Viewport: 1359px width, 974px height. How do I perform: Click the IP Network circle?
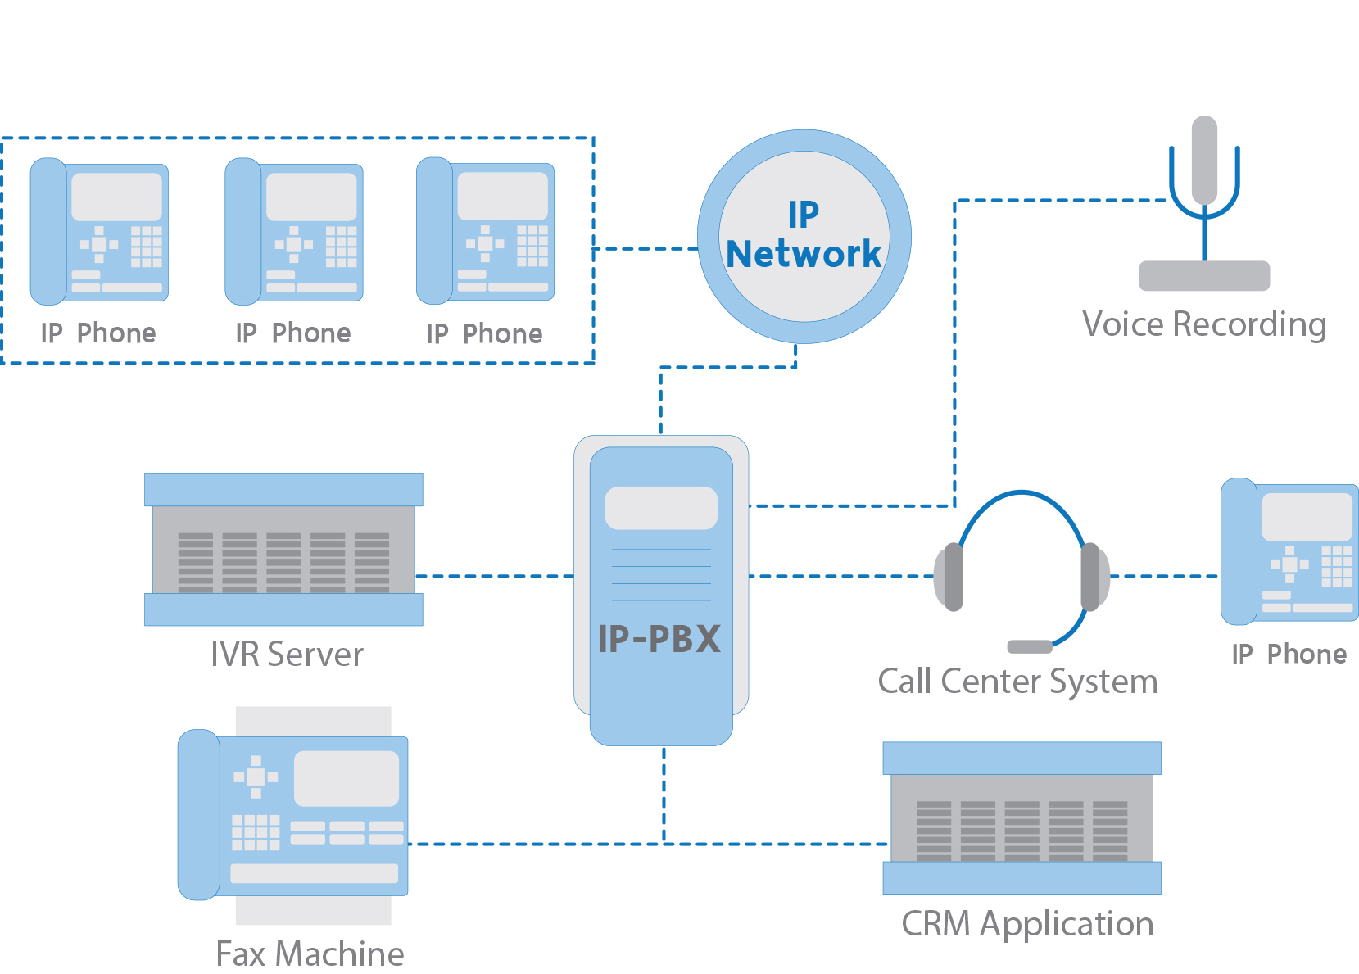pyautogui.click(x=804, y=236)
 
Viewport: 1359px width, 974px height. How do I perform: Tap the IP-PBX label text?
pyautogui.click(x=659, y=639)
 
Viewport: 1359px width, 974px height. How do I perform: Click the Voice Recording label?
pyautogui.click(x=1204, y=324)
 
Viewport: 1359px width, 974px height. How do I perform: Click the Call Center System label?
pyautogui.click(x=1017, y=682)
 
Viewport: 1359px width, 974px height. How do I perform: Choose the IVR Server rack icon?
pyautogui.click(x=283, y=550)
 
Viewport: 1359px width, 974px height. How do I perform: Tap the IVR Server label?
pyautogui.click(x=287, y=655)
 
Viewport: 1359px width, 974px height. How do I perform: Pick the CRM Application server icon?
pyautogui.click(x=1022, y=818)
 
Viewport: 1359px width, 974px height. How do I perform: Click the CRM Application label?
pyautogui.click(x=1027, y=924)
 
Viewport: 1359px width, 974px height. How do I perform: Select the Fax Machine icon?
pyautogui.click(x=292, y=815)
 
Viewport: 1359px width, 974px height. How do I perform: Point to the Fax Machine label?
pyautogui.click(x=310, y=954)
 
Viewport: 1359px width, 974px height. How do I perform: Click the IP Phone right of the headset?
pyautogui.click(x=1289, y=551)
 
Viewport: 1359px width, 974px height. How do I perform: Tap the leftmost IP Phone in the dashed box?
pyautogui.click(x=99, y=231)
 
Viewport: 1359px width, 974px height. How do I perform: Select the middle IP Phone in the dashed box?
pyautogui.click(x=294, y=231)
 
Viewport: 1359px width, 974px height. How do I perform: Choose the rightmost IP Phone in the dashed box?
pyautogui.click(x=485, y=231)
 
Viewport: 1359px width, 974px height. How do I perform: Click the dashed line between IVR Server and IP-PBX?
pyautogui.click(x=496, y=576)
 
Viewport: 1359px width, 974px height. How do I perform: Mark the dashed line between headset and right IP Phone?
pyautogui.click(x=1163, y=576)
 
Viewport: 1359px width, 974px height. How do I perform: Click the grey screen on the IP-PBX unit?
pyautogui.click(x=661, y=508)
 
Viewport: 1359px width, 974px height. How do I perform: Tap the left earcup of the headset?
pyautogui.click(x=950, y=577)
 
